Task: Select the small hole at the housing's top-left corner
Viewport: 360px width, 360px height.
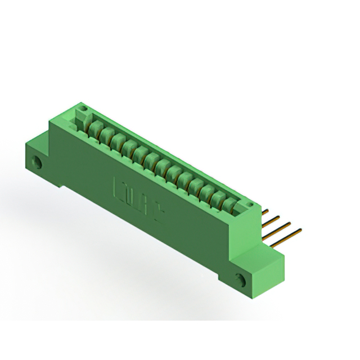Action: (x=82, y=107)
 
